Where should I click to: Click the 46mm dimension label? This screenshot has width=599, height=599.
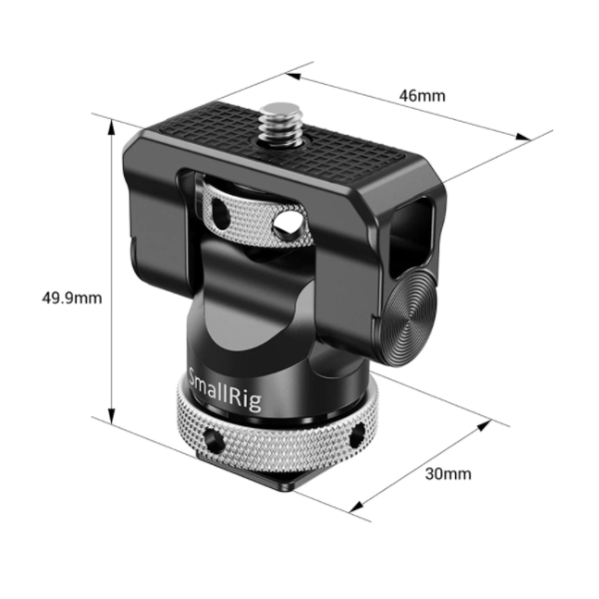(x=422, y=96)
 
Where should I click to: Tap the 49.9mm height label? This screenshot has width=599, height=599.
(x=72, y=298)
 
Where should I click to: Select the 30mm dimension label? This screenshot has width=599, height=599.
(x=448, y=474)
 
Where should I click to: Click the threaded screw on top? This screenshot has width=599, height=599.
(x=281, y=124)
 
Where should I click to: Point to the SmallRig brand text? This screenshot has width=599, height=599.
(x=226, y=389)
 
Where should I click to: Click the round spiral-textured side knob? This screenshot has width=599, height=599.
(x=409, y=317)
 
